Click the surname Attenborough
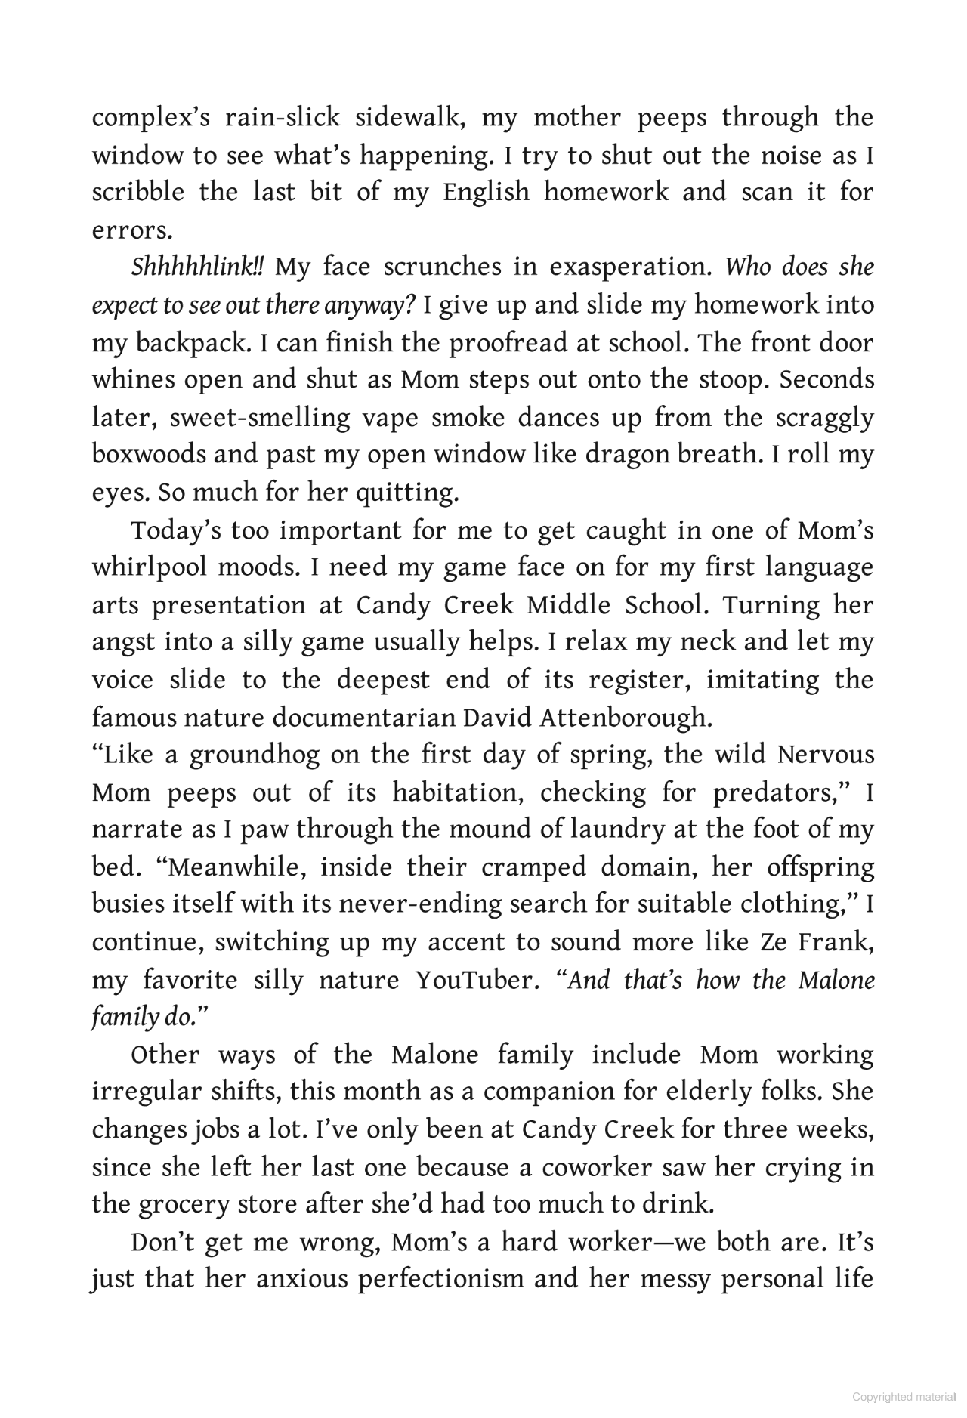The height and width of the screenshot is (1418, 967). (626, 717)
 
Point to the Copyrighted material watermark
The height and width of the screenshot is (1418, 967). (904, 1398)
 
